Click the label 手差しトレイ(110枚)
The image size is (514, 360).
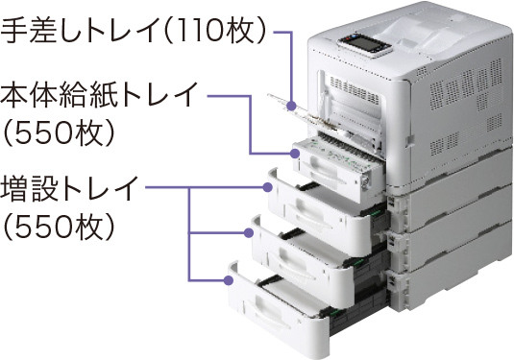(133, 31)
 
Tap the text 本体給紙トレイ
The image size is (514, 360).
(99, 95)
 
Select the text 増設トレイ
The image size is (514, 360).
(68, 188)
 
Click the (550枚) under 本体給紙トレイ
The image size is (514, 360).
(59, 133)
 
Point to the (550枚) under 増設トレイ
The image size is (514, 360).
(59, 227)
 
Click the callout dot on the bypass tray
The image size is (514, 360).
(291, 106)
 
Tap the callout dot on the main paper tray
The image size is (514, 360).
(295, 153)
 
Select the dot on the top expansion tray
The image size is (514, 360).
(267, 187)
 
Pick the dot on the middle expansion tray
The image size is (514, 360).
(249, 233)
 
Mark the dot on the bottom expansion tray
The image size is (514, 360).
(229, 280)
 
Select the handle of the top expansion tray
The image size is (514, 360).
(308, 213)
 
